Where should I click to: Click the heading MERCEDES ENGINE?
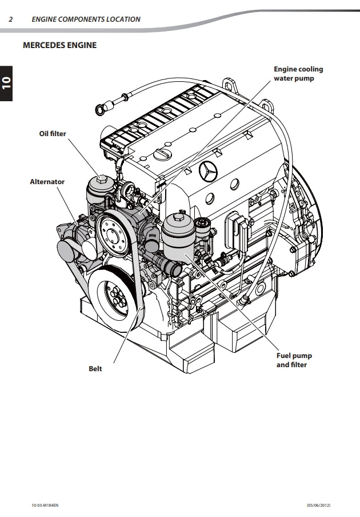[x=59, y=45]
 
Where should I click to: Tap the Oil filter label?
[x=53, y=134]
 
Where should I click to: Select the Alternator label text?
[x=47, y=182]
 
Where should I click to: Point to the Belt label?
[x=95, y=369]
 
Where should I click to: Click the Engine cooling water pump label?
[x=298, y=74]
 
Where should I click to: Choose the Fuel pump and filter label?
[x=294, y=360]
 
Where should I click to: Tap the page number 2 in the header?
[x=11, y=19]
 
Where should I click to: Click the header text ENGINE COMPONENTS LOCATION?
[x=86, y=19]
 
